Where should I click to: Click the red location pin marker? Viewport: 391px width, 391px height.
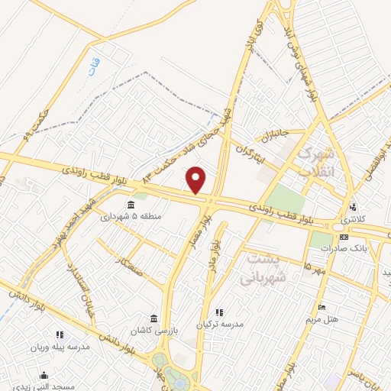coord(197,180)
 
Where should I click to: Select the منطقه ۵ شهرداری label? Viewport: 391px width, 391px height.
coord(132,216)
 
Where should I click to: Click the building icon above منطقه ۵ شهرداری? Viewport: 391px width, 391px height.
coord(131,205)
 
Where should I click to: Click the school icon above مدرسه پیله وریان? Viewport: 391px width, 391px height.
coord(60,334)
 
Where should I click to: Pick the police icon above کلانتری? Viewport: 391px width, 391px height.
coord(352,206)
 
